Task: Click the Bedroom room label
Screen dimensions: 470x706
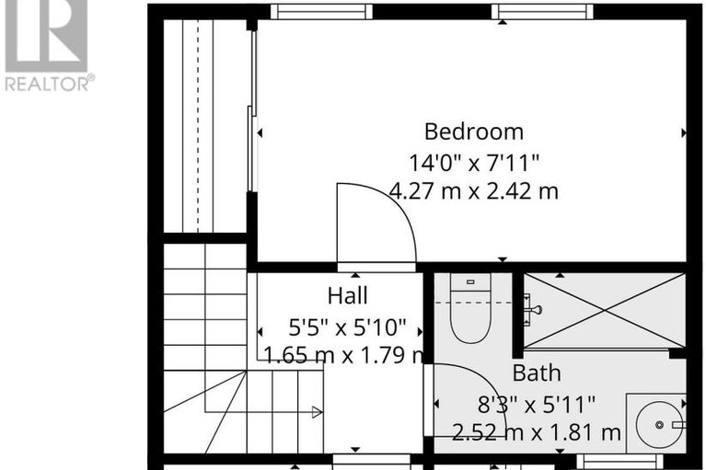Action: click(473, 132)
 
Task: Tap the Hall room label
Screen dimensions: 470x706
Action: click(347, 296)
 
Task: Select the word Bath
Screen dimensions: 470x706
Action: click(537, 373)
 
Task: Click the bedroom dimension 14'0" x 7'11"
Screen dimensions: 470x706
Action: click(473, 163)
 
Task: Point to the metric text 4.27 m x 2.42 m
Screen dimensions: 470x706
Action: click(473, 192)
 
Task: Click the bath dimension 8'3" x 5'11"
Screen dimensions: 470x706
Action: click(537, 403)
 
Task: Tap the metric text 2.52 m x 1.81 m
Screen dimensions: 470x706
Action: click(537, 431)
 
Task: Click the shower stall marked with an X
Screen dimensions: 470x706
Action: click(605, 311)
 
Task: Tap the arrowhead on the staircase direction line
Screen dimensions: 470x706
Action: click(316, 412)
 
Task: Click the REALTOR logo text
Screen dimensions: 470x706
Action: click(48, 84)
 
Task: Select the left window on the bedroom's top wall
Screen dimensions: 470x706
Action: click(321, 12)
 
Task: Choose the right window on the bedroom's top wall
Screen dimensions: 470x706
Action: click(541, 12)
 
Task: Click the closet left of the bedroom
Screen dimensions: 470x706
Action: click(204, 124)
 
